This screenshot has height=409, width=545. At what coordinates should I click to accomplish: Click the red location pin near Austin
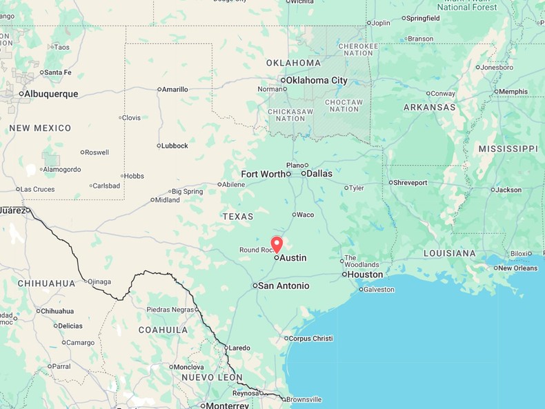point(277,244)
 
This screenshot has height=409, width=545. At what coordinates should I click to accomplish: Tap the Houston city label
point(365,275)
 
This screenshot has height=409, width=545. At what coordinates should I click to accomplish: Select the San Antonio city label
point(284,286)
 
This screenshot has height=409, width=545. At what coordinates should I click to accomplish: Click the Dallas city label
point(319,173)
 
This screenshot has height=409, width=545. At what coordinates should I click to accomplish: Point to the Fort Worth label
point(263,174)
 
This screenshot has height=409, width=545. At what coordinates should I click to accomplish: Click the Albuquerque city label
point(52,94)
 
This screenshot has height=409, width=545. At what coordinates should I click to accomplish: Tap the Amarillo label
point(175,89)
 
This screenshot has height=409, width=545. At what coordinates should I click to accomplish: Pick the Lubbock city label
point(175,146)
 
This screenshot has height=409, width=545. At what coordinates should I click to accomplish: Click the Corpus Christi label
point(310,339)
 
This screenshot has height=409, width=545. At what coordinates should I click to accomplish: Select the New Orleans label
point(517,268)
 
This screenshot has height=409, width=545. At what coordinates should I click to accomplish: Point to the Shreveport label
point(410,183)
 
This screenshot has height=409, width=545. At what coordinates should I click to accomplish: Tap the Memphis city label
point(513,92)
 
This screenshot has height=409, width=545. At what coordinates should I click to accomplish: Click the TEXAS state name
point(238,217)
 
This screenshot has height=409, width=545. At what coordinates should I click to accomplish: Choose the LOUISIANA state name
point(449,253)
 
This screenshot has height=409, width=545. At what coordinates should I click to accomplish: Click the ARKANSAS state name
point(429,108)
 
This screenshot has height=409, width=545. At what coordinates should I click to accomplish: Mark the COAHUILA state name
point(163,330)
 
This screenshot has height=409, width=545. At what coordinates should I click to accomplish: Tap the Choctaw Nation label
point(344,106)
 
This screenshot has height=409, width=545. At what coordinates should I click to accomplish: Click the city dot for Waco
point(294,215)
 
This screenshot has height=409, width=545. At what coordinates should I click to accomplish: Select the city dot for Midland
point(152,200)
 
